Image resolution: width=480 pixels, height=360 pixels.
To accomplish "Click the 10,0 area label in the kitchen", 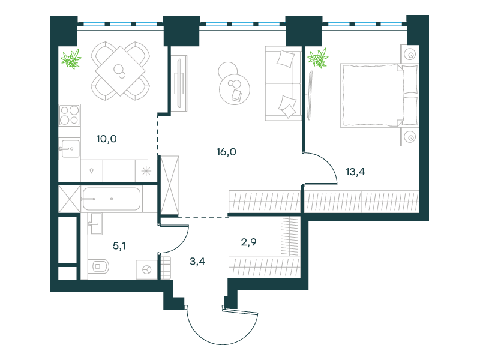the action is coord(106,139).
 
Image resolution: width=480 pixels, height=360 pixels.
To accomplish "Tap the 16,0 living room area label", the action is coord(226,152).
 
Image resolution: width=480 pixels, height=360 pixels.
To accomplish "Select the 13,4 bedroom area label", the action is coord(355,172).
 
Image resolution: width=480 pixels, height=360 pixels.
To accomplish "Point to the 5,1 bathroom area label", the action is coord(119,245).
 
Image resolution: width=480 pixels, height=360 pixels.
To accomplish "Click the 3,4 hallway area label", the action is coord(197,262).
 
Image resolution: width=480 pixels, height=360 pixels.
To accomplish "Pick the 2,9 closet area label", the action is coord(248,242).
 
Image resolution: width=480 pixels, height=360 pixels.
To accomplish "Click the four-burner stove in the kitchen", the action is coord(70,115).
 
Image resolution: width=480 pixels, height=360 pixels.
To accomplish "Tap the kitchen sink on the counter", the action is coord(70,148).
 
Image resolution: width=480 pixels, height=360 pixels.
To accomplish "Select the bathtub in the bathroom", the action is coord(112,199).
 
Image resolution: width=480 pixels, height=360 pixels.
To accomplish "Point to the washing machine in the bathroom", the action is coord(147,269).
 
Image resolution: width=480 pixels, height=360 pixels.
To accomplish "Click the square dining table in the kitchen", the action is coord(120,71).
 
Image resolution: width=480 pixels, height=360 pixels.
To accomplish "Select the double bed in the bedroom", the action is coord(379,95).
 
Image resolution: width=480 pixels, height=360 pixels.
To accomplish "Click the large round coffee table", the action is coord(235,89).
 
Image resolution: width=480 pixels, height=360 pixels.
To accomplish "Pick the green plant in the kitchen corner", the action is coord(71,59).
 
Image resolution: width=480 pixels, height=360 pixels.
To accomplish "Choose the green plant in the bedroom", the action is coord(318,58).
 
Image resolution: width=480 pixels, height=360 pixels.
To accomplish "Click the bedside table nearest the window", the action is coord(410,54).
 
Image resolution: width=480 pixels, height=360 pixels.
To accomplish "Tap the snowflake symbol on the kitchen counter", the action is coord(146,171).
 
